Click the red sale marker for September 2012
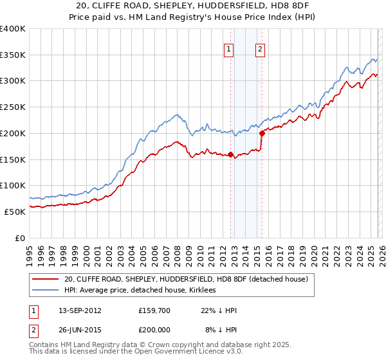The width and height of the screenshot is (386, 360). (x=230, y=154)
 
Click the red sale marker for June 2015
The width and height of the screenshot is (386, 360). (x=262, y=134)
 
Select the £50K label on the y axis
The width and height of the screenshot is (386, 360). (x=15, y=212)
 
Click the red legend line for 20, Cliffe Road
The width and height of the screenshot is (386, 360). (x=45, y=280)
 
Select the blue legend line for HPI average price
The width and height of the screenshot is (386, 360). (x=45, y=291)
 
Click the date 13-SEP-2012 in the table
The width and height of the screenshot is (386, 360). (x=79, y=310)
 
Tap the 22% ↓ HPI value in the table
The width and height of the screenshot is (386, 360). (x=218, y=310)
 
